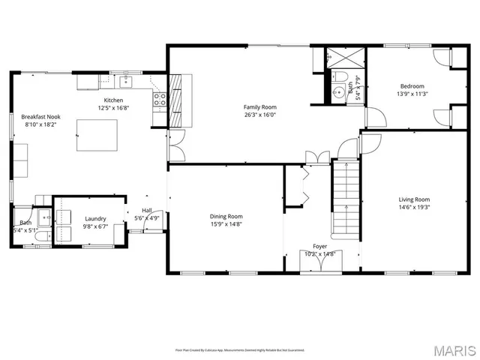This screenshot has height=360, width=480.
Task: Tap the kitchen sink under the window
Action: (125, 79)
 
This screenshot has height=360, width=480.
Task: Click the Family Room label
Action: (259, 107)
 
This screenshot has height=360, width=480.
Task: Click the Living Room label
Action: (412, 199)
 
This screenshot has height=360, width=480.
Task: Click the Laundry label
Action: (94, 218)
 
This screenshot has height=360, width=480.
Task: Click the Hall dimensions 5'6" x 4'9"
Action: (148, 218)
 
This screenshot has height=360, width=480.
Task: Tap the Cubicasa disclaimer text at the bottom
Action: (240, 349)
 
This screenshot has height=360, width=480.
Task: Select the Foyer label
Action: (320, 246)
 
